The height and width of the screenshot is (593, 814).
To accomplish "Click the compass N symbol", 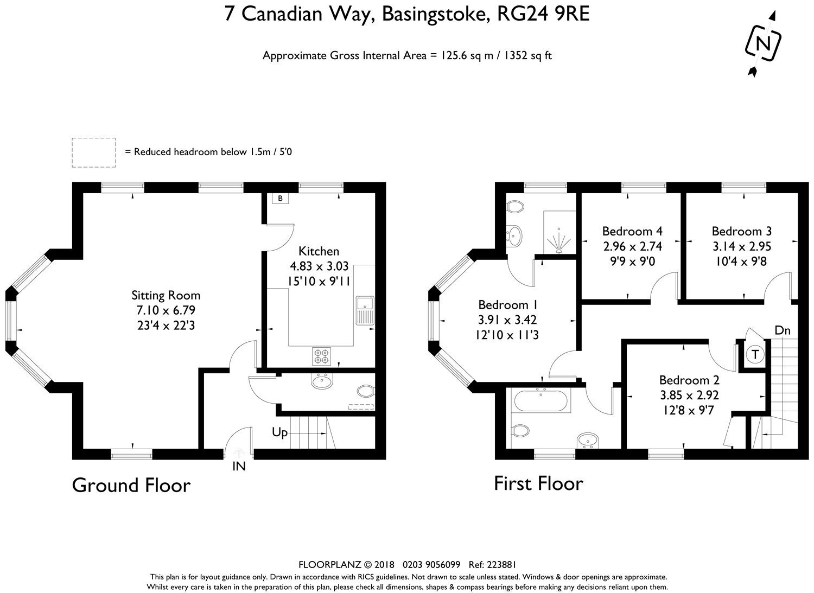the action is click(x=763, y=44).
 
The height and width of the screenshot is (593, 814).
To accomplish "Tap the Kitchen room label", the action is click(x=319, y=251).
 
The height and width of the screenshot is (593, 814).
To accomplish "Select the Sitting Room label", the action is click(x=166, y=295).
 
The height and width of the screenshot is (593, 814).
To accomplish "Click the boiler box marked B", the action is click(x=280, y=199).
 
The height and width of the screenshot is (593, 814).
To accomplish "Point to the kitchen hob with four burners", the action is click(x=322, y=356).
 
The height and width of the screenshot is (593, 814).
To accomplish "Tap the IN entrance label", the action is click(x=239, y=466).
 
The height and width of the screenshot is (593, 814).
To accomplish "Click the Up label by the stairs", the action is click(x=279, y=432).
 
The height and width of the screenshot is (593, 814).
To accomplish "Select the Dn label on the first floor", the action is click(x=783, y=330).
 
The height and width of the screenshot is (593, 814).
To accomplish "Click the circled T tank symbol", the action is click(x=755, y=354).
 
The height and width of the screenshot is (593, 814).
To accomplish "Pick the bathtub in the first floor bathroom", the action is click(x=540, y=400).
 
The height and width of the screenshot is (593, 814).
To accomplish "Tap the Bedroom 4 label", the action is click(x=632, y=231).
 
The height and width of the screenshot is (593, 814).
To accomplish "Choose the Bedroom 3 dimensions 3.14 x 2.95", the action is click(x=742, y=246).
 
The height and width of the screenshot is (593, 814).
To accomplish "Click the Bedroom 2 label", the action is click(x=689, y=380).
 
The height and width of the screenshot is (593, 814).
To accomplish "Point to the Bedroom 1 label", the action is click(x=507, y=304).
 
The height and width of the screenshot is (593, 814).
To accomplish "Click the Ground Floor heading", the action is click(x=131, y=486).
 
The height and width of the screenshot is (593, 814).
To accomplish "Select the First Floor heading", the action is click(x=538, y=483).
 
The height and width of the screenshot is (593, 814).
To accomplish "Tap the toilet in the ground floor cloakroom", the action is click(x=366, y=391).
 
